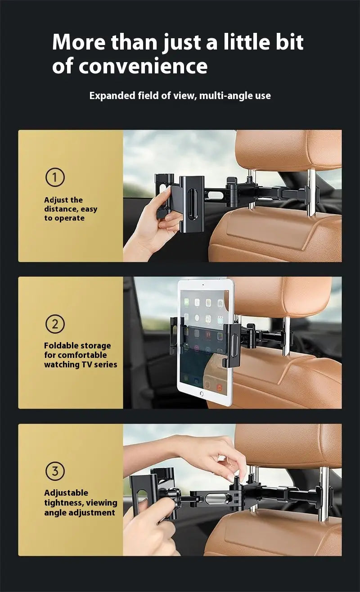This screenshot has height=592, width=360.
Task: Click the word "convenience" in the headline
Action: [143, 66]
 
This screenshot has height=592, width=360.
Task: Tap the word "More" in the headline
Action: [78, 42]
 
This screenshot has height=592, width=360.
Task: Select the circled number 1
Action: [55, 177]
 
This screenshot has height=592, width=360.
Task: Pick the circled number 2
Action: [55, 324]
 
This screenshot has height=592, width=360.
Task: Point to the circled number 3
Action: [55, 471]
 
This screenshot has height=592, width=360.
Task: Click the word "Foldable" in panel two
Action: [61, 346]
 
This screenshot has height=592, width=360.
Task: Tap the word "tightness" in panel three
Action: [63, 503]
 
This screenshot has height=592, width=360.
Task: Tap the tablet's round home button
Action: [201, 393]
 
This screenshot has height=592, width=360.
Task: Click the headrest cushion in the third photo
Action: [288, 446]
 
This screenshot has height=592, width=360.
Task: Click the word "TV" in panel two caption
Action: [87, 365]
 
